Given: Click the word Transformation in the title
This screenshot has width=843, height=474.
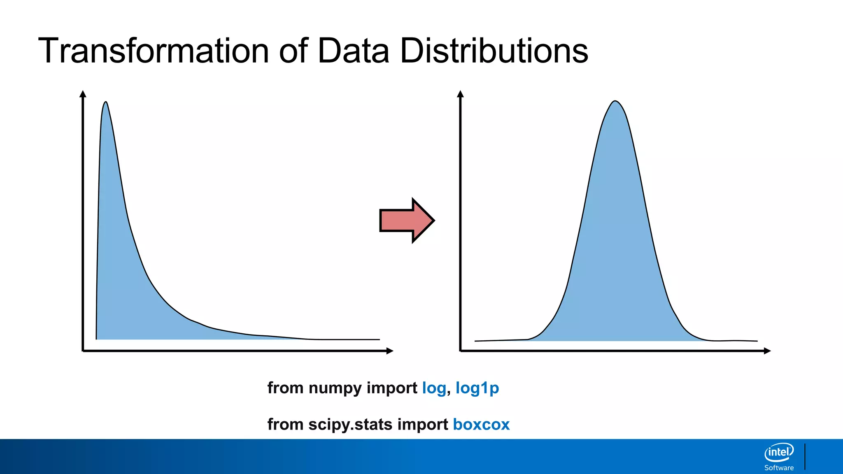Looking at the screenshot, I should click(x=153, y=51).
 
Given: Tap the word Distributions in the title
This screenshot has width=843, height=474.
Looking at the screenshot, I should click(x=494, y=51).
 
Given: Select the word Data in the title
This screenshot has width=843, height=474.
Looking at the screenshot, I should click(x=353, y=51).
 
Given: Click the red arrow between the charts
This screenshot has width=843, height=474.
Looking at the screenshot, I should click(x=406, y=221).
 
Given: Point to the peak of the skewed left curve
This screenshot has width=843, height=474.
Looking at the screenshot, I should click(x=106, y=102).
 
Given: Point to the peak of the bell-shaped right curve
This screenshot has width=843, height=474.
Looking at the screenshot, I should click(x=615, y=101).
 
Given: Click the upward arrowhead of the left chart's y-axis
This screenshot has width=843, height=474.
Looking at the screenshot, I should click(x=83, y=94).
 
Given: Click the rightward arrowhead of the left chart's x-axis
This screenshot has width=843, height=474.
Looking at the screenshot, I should click(x=390, y=351).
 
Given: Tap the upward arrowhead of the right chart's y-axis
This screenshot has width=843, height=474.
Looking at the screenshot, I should click(x=460, y=94).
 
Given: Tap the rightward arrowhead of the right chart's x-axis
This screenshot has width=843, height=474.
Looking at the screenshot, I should click(x=767, y=351).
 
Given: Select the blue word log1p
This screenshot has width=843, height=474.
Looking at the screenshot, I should click(x=477, y=388).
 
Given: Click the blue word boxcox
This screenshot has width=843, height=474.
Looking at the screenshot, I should click(x=481, y=424).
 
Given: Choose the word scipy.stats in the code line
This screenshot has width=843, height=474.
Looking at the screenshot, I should click(x=350, y=425).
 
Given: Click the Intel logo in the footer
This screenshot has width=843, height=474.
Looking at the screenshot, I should click(x=779, y=453).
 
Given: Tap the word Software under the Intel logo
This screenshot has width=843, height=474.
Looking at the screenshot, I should click(x=779, y=468).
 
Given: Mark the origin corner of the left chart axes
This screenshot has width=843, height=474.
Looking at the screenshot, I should click(x=83, y=351).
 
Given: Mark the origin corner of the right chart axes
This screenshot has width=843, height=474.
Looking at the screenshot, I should click(x=461, y=351).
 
